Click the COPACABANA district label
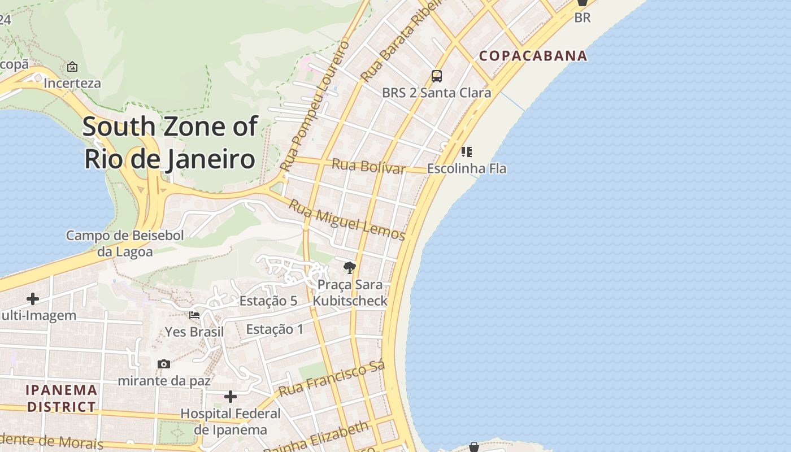click(533, 56)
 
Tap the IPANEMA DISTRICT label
click(62, 398)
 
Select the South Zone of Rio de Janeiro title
click(170, 142)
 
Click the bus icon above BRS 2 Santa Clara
click(436, 76)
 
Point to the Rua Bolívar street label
click(368, 167)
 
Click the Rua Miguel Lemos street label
click(347, 220)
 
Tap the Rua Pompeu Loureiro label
click(315, 106)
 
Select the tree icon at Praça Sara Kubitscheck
click(350, 268)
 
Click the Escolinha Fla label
click(467, 168)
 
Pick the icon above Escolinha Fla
click(466, 151)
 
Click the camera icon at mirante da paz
click(164, 364)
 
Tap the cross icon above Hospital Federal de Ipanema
click(231, 397)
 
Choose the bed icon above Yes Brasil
click(194, 315)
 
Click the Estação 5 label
click(268, 301)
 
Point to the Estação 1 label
click(275, 329)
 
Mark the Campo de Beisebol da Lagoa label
click(125, 244)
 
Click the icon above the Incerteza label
click(72, 67)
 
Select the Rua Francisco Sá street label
click(332, 379)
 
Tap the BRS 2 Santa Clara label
click(436, 93)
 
